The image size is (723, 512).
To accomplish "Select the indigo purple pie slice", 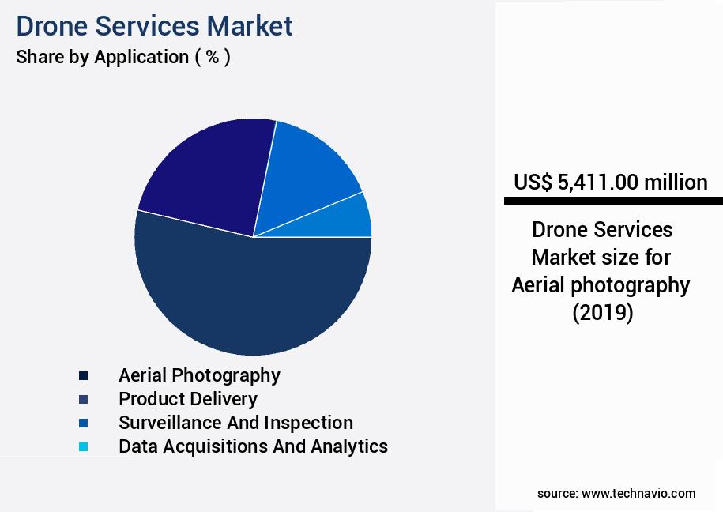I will pyautogui.click(x=209, y=174).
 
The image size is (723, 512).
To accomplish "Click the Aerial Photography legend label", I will pyautogui.click(x=199, y=375).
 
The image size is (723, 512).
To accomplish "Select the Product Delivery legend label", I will pyautogui.click(x=187, y=399).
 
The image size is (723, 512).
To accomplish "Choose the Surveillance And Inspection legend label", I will pyautogui.click(x=235, y=423).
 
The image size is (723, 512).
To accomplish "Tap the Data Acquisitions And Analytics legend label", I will pyautogui.click(x=253, y=446).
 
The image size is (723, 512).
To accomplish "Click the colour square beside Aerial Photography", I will pyautogui.click(x=83, y=375).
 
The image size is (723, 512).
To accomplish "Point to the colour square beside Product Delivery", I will pyautogui.click(x=83, y=399).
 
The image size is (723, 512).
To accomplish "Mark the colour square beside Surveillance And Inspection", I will pyautogui.click(x=83, y=423).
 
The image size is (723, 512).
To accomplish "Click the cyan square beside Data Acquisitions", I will pyautogui.click(x=83, y=447).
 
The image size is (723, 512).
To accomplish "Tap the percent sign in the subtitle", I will pyautogui.click(x=212, y=58).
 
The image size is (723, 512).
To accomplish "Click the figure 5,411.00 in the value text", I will pyautogui.click(x=597, y=183).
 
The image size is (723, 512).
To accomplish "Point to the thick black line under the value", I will pyautogui.click(x=612, y=201).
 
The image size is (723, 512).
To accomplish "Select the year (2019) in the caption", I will pyautogui.click(x=602, y=313).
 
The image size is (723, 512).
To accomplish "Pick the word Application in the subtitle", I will pyautogui.click(x=141, y=58).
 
